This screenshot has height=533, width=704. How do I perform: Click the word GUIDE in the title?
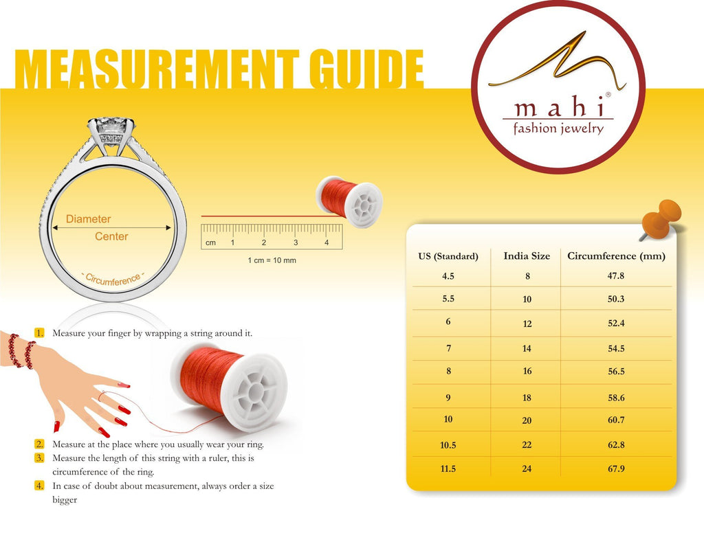(x=366, y=69)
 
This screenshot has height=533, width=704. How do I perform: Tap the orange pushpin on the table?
(x=661, y=219)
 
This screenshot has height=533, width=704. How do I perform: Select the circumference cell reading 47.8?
(x=615, y=276)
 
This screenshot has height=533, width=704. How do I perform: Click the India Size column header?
(x=527, y=256)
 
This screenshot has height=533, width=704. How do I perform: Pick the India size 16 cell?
(x=527, y=372)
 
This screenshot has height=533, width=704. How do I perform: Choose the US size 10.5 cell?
(x=448, y=445)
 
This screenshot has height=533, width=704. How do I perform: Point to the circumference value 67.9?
(x=616, y=469)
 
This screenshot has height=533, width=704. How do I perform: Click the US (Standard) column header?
(x=448, y=257)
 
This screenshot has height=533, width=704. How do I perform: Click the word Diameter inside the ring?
(x=88, y=219)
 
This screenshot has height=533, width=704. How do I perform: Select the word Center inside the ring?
(x=111, y=236)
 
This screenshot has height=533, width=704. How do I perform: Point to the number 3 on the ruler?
(x=296, y=242)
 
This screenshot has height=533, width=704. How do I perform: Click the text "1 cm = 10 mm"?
(x=272, y=260)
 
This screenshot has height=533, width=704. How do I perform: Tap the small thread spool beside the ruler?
(x=349, y=201)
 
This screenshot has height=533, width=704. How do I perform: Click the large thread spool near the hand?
(x=229, y=387)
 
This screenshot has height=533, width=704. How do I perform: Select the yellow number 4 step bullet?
(x=39, y=486)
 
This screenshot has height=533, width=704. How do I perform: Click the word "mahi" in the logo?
(x=558, y=108)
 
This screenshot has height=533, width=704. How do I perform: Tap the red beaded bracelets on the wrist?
(x=21, y=351)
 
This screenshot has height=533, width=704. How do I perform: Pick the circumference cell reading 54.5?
(x=616, y=349)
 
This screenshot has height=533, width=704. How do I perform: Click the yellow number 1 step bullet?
(x=39, y=333)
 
